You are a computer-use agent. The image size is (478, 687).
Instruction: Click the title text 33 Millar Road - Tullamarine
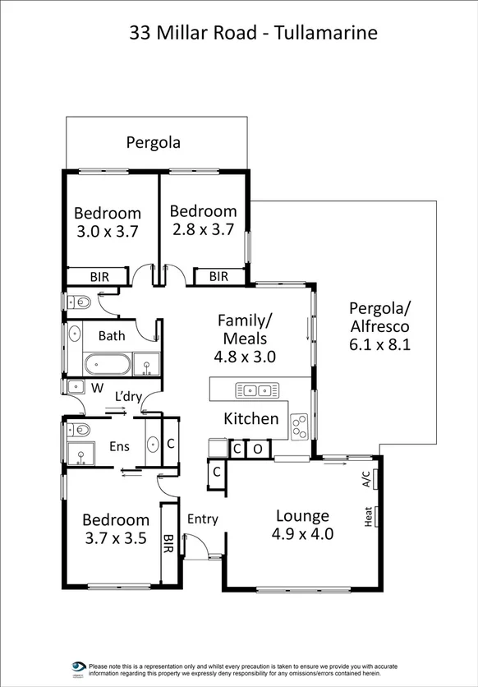254,34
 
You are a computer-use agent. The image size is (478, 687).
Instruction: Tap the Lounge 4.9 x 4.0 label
302,525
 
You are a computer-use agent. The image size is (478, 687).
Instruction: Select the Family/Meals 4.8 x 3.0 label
245,338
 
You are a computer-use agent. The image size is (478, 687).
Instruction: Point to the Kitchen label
251,419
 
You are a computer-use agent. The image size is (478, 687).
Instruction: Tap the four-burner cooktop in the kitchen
300,425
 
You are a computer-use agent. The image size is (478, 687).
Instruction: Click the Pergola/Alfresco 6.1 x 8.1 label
379,327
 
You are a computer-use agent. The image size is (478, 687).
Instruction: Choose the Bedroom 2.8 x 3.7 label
204,220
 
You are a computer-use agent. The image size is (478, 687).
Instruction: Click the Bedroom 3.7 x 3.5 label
116,529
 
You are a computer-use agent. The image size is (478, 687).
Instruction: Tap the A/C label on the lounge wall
366,479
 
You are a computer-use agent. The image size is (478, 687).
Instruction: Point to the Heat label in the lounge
367,517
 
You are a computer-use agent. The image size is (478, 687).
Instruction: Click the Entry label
202,519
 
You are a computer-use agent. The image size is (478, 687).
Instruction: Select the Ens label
119,446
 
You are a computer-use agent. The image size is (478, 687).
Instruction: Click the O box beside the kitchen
257,450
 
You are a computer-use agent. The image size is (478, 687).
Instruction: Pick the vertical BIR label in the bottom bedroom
168,543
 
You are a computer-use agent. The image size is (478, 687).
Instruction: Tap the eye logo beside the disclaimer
79,668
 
